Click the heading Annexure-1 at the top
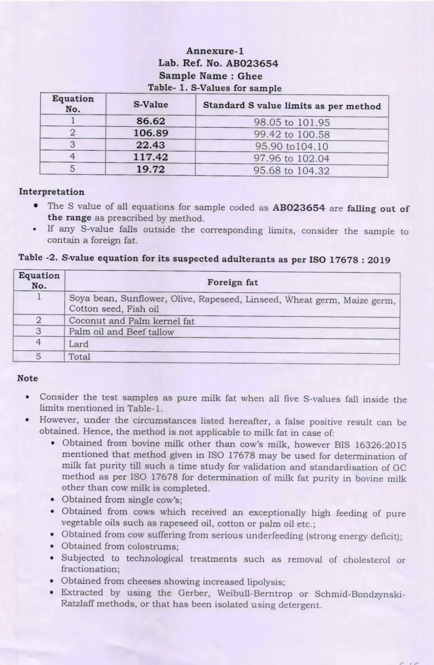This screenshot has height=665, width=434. pos(215,51)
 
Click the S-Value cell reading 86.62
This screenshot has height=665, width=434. pos(150,121)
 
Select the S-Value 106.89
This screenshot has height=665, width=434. pos(150,133)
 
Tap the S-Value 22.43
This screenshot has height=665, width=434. pos(150,145)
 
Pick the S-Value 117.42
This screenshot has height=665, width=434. pos(150,157)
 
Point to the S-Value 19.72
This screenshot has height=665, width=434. pos(150,169)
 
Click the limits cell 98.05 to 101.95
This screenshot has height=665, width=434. pos(292,123)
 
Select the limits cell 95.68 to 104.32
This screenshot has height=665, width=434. pos(291,171)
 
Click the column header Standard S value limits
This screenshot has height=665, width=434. pos(292,106)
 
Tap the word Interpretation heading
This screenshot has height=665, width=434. pos(52,192)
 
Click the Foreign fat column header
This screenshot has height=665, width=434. pos(233,282)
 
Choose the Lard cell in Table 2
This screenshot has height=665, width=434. pos(79,344)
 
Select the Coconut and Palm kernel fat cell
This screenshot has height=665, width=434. pos(131,321)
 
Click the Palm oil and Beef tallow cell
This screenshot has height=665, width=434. pos(121,332)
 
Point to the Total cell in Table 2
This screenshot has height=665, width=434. pos(79,357)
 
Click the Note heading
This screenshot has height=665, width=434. pos(27,378)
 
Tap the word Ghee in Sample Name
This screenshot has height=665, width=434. pos(250,76)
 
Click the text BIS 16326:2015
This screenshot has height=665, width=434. pos(378,445)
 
